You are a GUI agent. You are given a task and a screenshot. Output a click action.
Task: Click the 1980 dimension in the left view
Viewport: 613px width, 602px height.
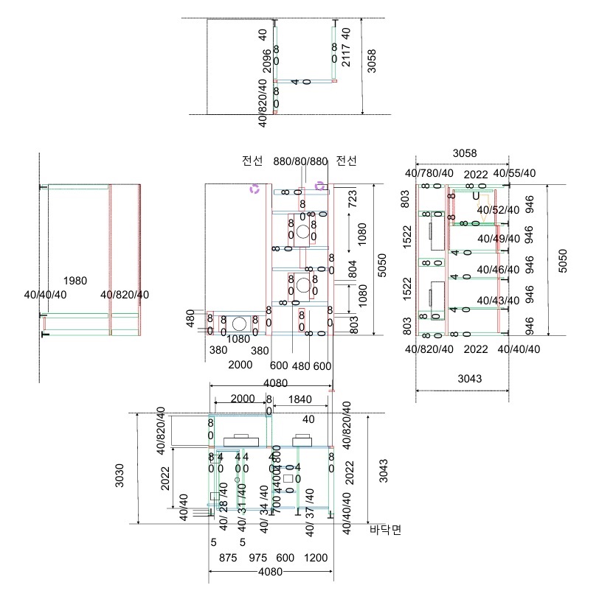point(75,281)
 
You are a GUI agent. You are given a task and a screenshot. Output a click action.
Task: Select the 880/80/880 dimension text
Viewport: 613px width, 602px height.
point(300,161)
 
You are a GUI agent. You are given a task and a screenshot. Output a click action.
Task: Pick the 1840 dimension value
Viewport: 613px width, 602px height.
point(300,399)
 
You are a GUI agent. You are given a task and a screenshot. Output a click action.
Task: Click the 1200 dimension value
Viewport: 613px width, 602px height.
point(316,559)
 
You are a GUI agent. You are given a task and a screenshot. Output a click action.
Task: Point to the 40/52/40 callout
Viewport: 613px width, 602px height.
point(498,210)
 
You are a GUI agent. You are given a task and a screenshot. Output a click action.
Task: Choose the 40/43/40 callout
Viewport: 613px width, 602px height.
point(498,301)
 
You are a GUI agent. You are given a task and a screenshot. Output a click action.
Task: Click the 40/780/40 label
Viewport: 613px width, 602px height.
point(430,174)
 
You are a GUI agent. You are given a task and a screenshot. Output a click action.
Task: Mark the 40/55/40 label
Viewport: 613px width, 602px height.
point(514,174)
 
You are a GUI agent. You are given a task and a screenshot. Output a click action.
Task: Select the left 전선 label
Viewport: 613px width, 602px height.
point(252,161)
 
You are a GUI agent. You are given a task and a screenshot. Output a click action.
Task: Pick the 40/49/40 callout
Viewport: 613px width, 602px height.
point(498,239)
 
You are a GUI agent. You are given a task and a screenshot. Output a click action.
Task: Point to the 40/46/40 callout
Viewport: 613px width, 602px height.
point(498,270)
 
